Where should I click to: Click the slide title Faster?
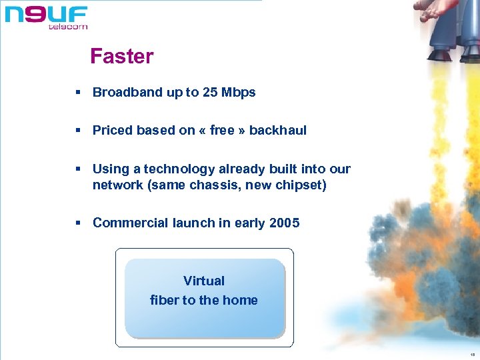click(x=121, y=57)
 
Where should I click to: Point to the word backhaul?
click(x=278, y=131)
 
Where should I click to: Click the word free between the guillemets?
click(x=222, y=131)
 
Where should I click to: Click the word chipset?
click(x=301, y=185)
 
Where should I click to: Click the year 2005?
click(x=285, y=223)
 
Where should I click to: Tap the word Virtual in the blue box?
click(x=204, y=281)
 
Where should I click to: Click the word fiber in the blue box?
click(x=165, y=301)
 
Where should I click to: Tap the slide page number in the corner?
click(x=471, y=354)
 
